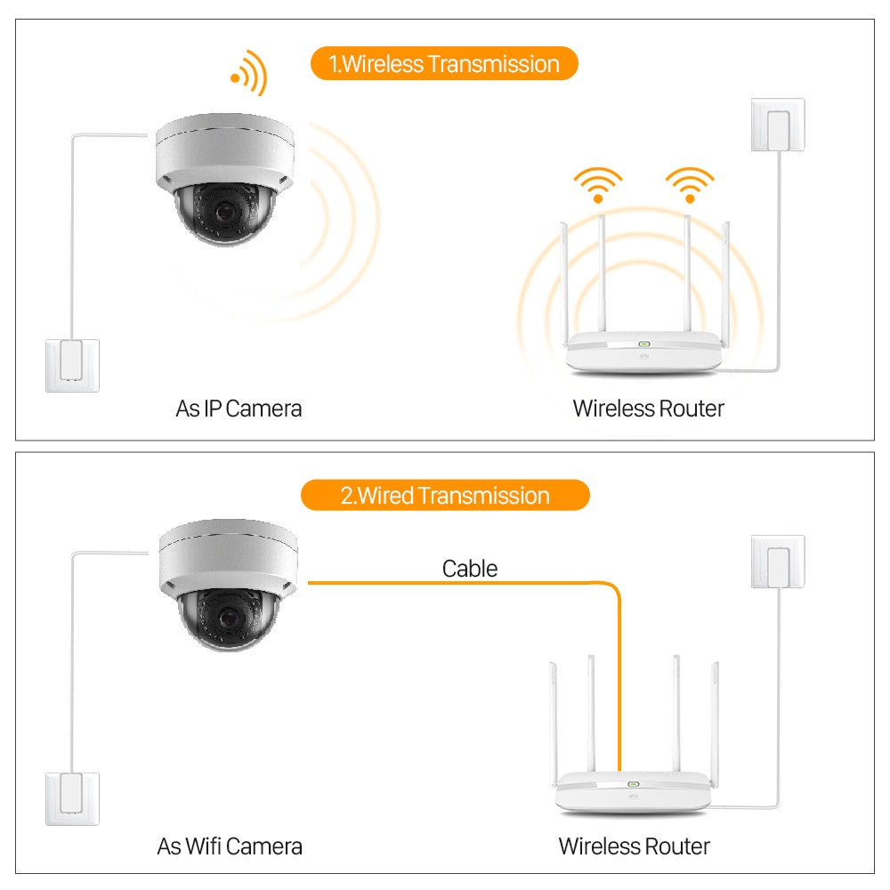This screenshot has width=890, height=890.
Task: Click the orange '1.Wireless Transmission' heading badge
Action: [444, 64]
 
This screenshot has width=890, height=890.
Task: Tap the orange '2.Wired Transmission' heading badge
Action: [445, 495]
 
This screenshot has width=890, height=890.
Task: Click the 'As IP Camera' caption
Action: [239, 409]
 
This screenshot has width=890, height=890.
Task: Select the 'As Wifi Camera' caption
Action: [230, 845]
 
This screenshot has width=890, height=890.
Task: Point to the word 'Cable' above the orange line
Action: [470, 568]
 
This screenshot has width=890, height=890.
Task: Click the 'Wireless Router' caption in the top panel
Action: [648, 409]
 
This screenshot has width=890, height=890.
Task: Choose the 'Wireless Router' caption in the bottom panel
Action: [634, 845]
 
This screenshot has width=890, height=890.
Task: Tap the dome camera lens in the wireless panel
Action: [221, 212]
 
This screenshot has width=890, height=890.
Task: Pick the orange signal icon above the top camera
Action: [249, 73]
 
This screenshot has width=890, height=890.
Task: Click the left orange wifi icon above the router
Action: [598, 185]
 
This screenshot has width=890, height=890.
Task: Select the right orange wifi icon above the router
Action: [689, 185]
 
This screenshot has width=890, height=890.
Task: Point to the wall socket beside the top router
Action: [778, 125]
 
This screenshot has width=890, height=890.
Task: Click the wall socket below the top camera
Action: [73, 365]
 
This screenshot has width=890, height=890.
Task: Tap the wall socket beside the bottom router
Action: [778, 561]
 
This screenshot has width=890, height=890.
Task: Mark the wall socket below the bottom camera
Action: [73, 798]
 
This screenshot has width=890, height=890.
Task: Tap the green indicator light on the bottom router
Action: [634, 785]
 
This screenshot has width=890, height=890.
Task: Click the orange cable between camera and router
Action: [463, 583]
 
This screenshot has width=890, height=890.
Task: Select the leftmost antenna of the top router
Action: [564, 276]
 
